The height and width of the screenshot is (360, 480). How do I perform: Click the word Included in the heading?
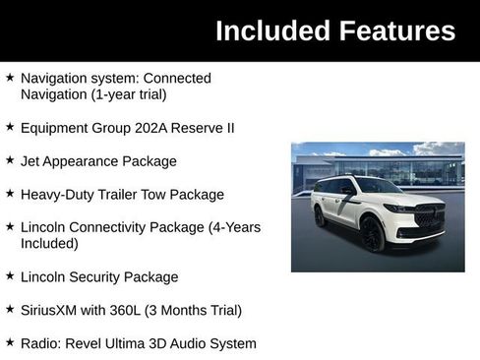pos(269,30)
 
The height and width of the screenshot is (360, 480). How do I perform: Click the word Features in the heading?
pos(393,30)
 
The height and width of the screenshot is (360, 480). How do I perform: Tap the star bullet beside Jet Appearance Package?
pos(10,160)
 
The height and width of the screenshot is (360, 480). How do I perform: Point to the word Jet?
pos(31,161)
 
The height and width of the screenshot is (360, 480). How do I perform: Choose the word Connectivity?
pos(112,227)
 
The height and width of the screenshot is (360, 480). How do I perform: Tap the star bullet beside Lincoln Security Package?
pos(10,276)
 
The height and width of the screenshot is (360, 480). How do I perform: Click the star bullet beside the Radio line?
pos(10,343)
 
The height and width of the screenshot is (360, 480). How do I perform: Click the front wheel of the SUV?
pos(374,235)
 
